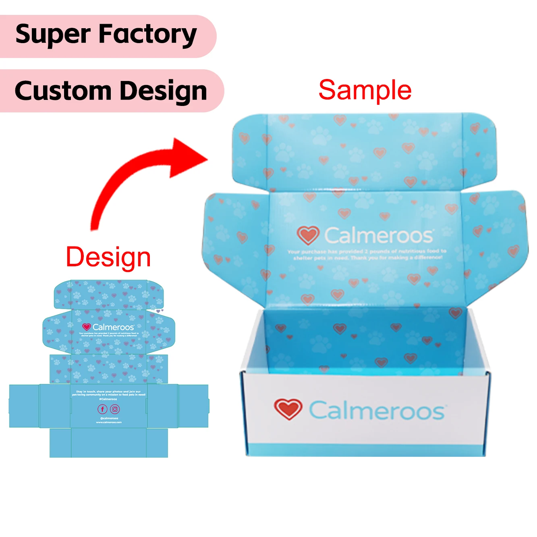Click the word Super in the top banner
click(x=52, y=35)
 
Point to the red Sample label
click(x=365, y=90)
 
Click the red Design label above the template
click(x=108, y=257)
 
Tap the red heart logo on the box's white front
click(x=288, y=409)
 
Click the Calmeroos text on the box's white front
click(x=377, y=411)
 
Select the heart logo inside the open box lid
click(x=308, y=235)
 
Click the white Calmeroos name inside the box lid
click(x=379, y=235)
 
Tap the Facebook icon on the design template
click(x=102, y=409)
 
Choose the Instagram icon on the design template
click(x=115, y=409)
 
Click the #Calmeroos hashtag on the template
click(x=108, y=399)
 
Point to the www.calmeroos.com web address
click(x=109, y=422)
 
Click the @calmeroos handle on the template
click(x=109, y=419)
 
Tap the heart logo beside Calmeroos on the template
click(x=86, y=327)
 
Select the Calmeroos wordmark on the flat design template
click(x=113, y=327)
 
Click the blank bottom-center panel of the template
click(x=109, y=443)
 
